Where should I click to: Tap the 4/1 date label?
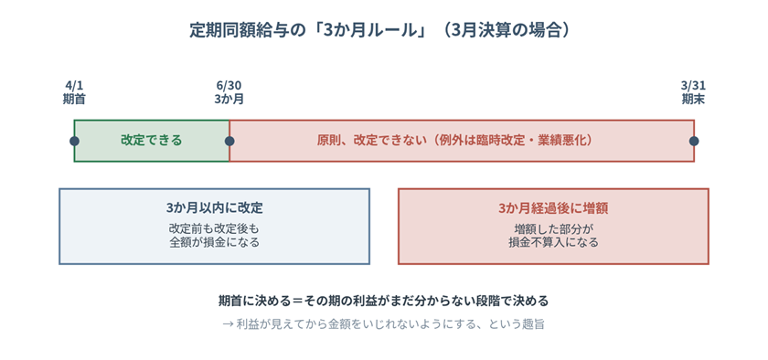point(74,86)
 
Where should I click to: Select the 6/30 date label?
point(229,86)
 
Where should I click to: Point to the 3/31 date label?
point(694,86)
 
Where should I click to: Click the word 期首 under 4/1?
point(74,99)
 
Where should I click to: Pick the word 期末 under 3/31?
point(694,99)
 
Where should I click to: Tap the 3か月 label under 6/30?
point(229,99)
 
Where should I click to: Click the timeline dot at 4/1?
point(74,141)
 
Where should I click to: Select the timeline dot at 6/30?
point(229,141)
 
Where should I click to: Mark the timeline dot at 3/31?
point(694,141)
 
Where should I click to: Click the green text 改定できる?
point(152,141)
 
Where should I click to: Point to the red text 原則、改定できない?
point(368,141)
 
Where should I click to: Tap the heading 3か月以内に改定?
point(215,208)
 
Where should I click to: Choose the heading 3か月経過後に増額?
point(553,208)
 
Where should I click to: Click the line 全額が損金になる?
point(215,242)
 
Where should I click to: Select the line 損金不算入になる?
point(553,242)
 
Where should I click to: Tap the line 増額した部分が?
point(553,229)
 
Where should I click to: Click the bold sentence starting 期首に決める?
point(383,301)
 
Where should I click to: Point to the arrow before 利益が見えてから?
point(227,324)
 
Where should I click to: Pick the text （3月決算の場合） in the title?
point(510,30)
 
